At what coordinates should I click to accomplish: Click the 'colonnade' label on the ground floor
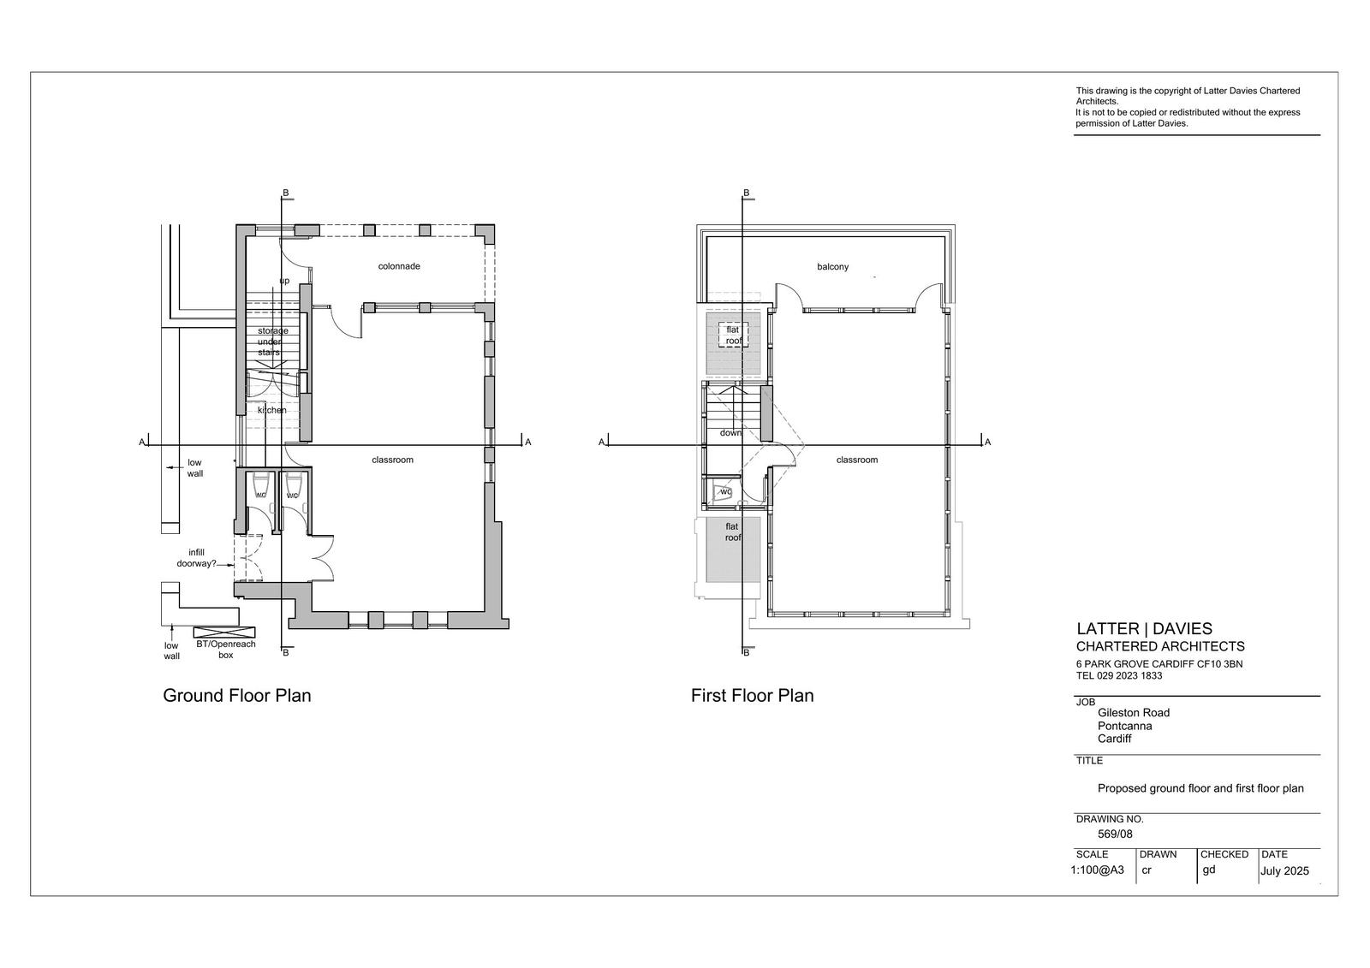coord(399,266)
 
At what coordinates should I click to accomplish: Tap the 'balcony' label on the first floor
coord(832,267)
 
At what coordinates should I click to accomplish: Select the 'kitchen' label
coord(271,410)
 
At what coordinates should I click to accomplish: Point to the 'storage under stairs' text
coord(272,341)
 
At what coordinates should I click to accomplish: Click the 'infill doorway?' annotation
coord(196,558)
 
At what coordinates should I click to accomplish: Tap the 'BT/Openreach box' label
coord(226,650)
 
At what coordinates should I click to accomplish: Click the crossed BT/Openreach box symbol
coord(224,632)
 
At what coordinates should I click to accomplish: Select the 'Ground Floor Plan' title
coord(236,695)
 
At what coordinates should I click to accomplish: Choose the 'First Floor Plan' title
coord(753,695)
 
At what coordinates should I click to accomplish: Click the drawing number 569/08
coord(1115,834)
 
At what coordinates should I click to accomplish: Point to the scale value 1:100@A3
coord(1097,870)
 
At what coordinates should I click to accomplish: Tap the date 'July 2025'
coord(1284,870)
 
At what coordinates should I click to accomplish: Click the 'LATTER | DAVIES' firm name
coord(1144,628)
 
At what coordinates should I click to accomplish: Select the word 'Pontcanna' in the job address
coord(1125,726)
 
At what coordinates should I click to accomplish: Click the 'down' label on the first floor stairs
coord(730,432)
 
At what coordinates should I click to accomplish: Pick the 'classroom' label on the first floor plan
coord(857,460)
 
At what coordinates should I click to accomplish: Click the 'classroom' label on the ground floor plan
coord(393,460)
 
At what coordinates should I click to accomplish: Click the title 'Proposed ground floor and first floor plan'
coord(1200,788)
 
